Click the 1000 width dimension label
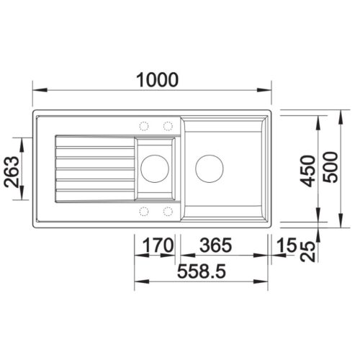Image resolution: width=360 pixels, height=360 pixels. click(x=157, y=79)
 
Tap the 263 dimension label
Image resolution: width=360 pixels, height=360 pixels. click(x=12, y=172)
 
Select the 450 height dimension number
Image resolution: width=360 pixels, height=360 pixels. click(x=307, y=171)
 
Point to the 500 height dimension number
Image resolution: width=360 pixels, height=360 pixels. click(x=330, y=167)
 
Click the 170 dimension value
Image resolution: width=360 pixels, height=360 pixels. click(x=158, y=246)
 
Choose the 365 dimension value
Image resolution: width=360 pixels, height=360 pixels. click(x=216, y=246)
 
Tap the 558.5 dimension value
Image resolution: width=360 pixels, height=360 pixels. click(x=202, y=271)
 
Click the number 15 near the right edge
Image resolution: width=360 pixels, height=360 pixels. click(x=287, y=246)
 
